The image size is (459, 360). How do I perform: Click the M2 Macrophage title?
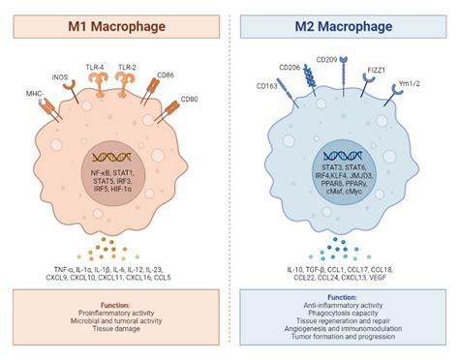pos(346,20)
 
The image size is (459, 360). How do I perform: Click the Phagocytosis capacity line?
pos(344,309)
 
